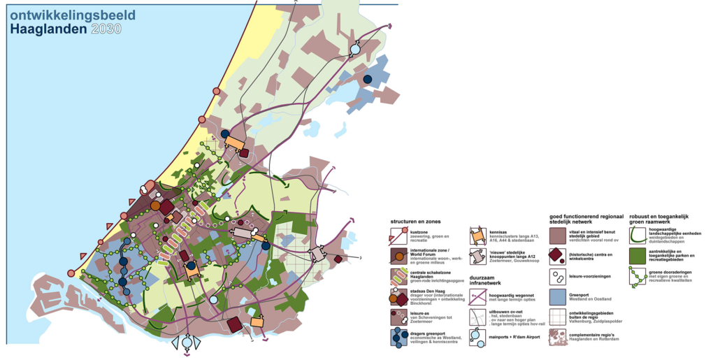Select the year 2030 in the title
pos(106,29)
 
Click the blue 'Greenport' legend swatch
pos(558,297)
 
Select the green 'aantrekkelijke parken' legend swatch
pos(638,257)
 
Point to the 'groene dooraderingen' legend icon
pos(638,277)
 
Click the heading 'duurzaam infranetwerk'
pos(488,282)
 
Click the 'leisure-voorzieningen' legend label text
pos(590,276)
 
